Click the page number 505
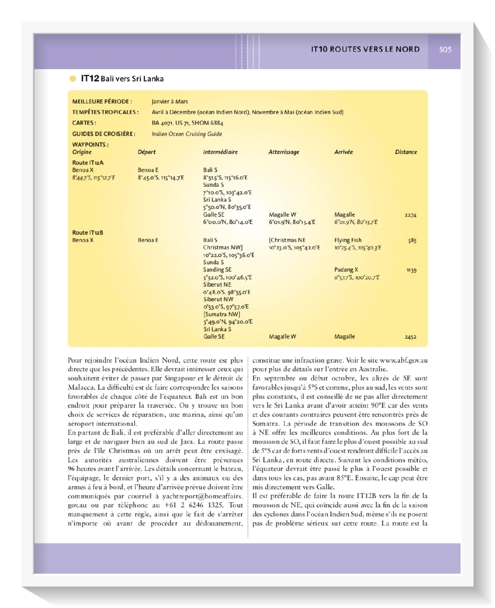point(445,49)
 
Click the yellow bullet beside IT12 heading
point(73,79)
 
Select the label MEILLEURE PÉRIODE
point(102,102)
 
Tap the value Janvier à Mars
point(169,102)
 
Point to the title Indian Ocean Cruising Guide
point(187,134)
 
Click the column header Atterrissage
point(283,152)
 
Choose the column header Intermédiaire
point(220,152)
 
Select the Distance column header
point(406,152)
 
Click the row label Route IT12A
point(88,163)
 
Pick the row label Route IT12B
point(88,233)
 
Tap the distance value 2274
point(410,215)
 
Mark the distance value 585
point(412,241)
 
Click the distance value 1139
point(411,271)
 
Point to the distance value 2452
point(410,337)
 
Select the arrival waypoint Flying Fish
point(348,240)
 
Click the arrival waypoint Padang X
point(346,270)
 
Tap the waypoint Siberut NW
point(218,299)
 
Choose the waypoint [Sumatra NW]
point(222,314)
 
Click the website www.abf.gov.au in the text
point(403,361)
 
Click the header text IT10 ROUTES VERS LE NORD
point(365,49)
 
